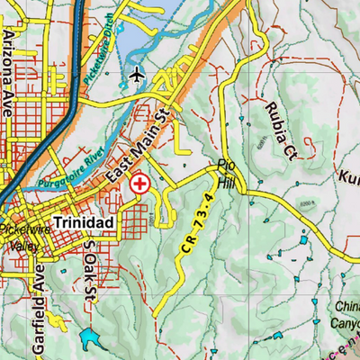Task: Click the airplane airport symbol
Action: pyautogui.click(x=136, y=73)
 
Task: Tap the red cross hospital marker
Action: pyautogui.click(x=139, y=184)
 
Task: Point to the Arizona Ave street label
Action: pyautogui.click(x=10, y=59)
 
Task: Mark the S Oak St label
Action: pyautogui.click(x=87, y=266)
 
